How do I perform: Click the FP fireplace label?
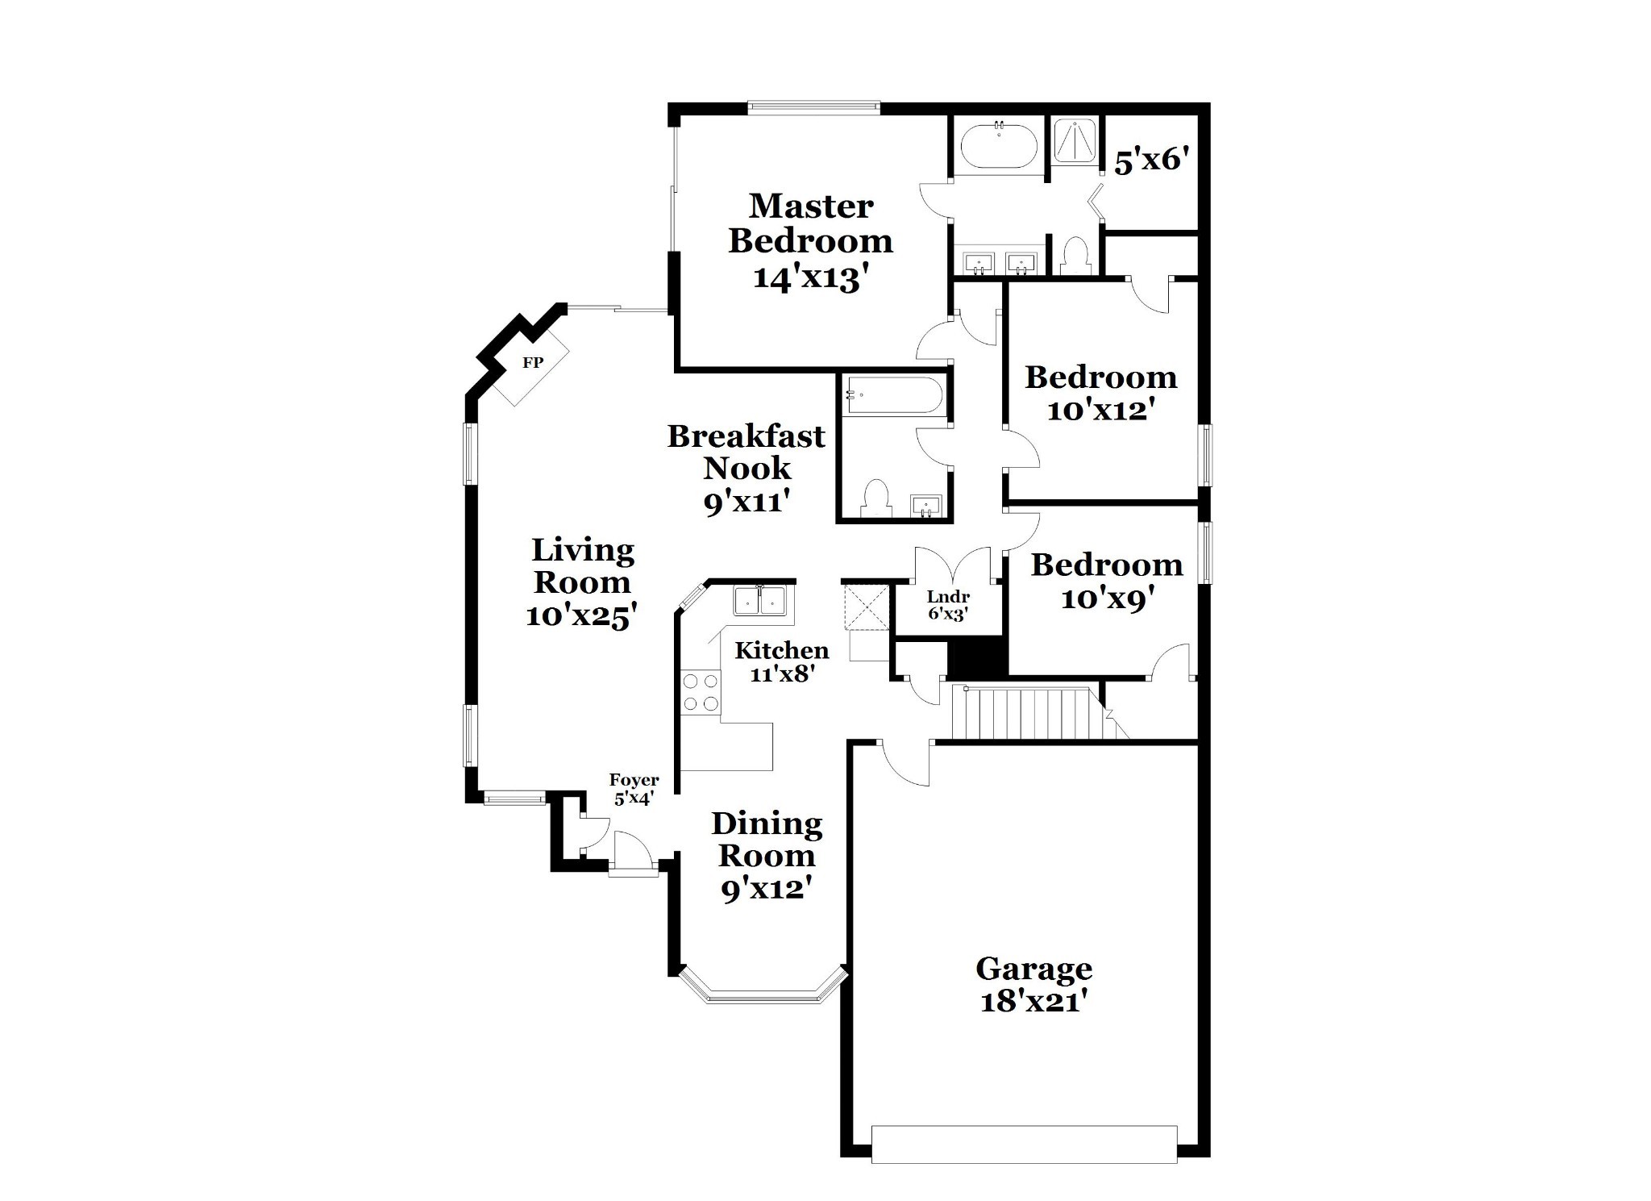coord(532,363)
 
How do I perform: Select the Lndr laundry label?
coord(948,597)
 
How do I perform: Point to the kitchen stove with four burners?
coord(701,693)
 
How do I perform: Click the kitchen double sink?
coord(759,602)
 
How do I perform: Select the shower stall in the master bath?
coord(1076,141)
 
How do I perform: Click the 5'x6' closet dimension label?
coord(1152,161)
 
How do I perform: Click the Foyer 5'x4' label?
coord(634,790)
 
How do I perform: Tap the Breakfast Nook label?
coord(746,452)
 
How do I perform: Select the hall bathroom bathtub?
coord(893,396)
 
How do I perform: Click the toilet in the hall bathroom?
coord(875,498)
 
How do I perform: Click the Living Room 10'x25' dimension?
coord(582,616)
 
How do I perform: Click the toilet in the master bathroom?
coord(1075,256)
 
